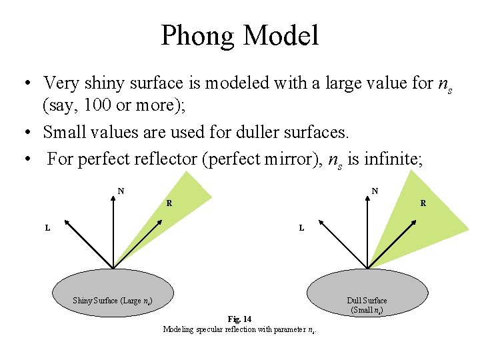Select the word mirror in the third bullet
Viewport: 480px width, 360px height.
coord(289,161)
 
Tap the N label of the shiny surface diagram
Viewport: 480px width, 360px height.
coord(121,191)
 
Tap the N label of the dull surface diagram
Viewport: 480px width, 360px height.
coord(375,191)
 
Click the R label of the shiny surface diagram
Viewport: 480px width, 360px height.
coord(169,203)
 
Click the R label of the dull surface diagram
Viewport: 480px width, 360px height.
coord(423,203)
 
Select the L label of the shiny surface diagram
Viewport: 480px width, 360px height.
coord(47,228)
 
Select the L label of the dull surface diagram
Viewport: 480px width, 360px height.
coord(301,228)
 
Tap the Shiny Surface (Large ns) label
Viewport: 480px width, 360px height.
coord(113,301)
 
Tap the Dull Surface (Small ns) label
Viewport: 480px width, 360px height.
coord(367,305)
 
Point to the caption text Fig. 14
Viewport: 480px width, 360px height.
coord(239,319)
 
